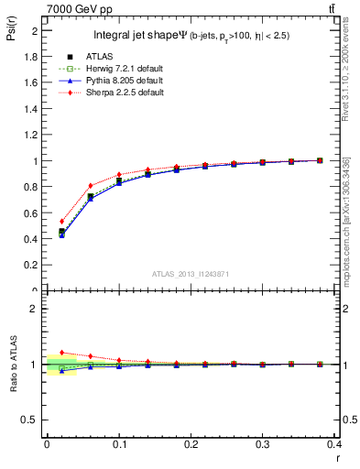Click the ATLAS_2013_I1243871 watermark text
point(188,275)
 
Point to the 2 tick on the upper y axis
point(38,30)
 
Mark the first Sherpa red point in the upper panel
point(61,221)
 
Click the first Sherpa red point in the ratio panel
point(61,352)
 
